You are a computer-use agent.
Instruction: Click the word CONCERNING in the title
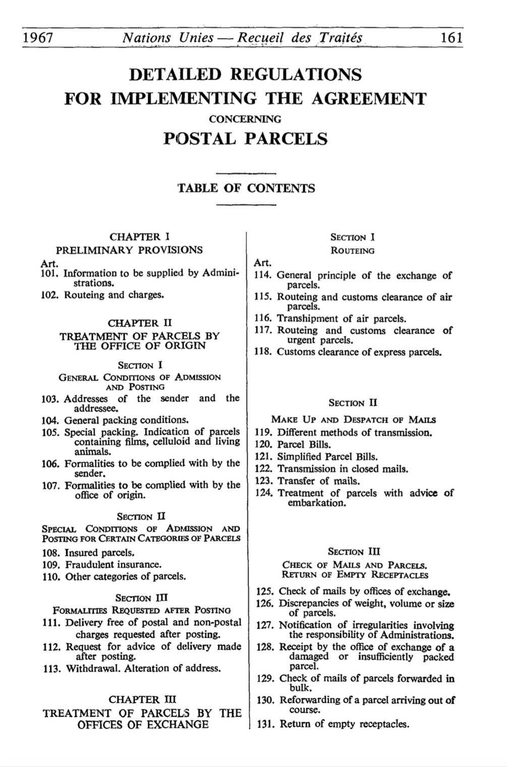(x=245, y=119)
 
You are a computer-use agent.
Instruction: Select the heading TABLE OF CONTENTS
(x=246, y=188)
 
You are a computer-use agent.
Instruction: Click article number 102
(x=49, y=295)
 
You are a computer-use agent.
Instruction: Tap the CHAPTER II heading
(x=140, y=323)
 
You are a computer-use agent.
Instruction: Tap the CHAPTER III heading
(x=142, y=700)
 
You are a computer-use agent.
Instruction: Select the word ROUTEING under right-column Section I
(x=352, y=250)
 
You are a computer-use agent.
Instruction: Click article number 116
(x=263, y=318)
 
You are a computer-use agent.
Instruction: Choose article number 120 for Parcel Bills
(x=264, y=444)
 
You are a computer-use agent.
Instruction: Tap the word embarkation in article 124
(x=317, y=503)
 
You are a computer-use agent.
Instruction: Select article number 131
(x=265, y=724)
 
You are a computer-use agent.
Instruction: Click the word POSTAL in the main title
(x=200, y=139)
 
